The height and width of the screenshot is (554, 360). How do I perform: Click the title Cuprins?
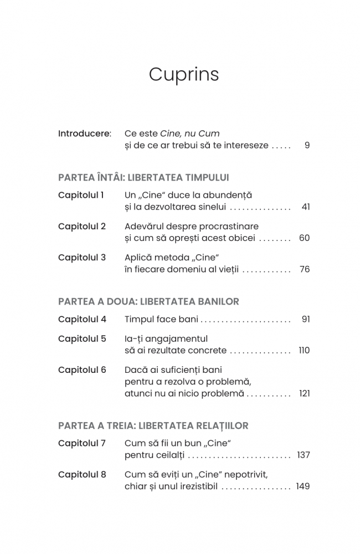tap(183, 75)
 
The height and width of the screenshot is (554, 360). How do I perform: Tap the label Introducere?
tap(84, 134)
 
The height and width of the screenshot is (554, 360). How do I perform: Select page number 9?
tap(307, 146)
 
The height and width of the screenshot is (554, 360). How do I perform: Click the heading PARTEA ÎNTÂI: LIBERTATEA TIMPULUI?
tap(143, 178)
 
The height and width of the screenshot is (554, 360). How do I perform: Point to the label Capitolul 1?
tap(81, 195)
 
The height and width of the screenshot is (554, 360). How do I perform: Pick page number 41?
tap(306, 207)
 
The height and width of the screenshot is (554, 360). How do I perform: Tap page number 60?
tap(304, 238)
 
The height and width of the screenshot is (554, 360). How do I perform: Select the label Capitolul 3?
tap(82, 258)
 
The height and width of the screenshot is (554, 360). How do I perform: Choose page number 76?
tap(305, 270)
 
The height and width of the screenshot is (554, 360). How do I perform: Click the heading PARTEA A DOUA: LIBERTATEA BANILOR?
tap(148, 302)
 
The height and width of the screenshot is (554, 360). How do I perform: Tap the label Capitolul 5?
tap(82, 338)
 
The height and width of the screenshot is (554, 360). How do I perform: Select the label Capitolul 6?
tap(82, 370)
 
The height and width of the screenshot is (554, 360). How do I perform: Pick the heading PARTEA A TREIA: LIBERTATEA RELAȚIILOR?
tap(153, 426)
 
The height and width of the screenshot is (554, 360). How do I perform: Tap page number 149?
tap(303, 486)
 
